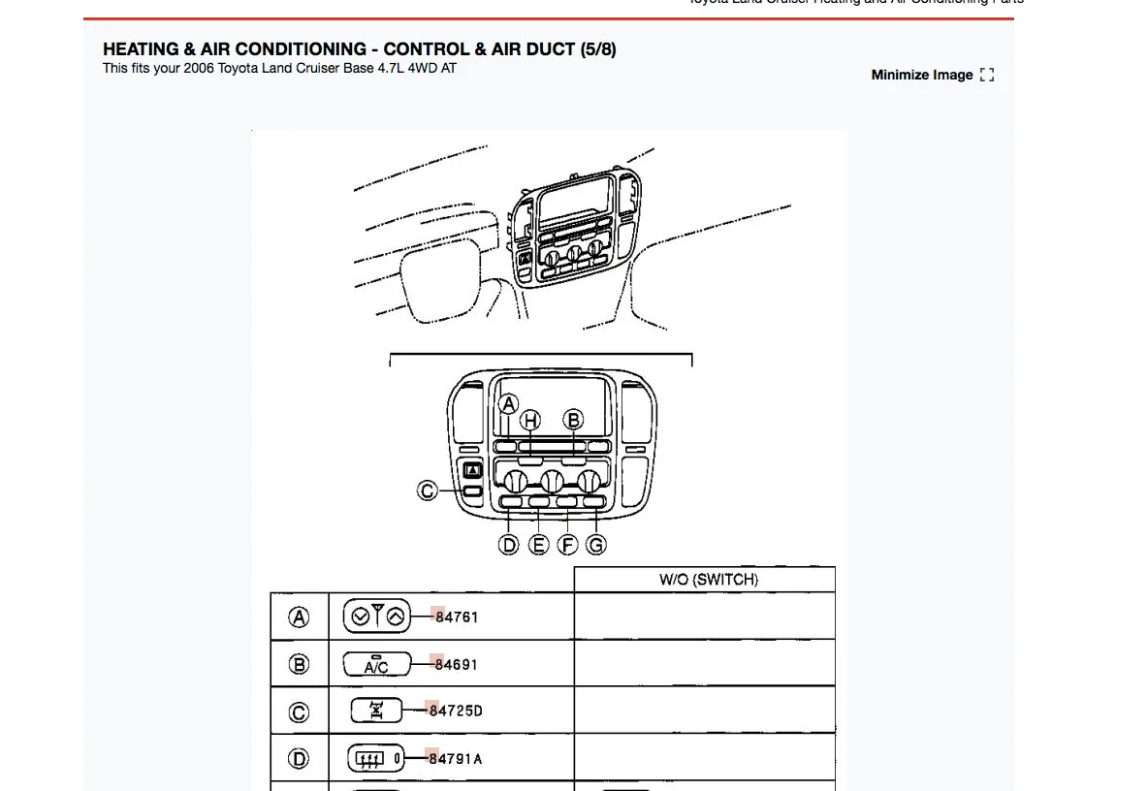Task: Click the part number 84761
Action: click(457, 617)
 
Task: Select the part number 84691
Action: click(456, 664)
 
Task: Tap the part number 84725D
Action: click(456, 711)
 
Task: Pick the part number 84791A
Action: click(456, 758)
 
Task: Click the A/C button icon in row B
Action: click(375, 664)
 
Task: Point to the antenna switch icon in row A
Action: click(377, 616)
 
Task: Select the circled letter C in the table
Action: click(300, 712)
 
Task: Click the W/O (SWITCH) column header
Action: click(708, 580)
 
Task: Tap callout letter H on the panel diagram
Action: click(530, 420)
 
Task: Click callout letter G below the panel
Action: click(596, 545)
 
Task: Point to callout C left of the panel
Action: click(427, 490)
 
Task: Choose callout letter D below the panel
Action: click(509, 545)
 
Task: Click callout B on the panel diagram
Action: click(574, 420)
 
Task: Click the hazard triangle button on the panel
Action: click(472, 471)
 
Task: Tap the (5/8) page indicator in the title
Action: click(597, 48)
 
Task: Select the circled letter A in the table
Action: click(300, 617)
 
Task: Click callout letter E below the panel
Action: click(539, 545)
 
